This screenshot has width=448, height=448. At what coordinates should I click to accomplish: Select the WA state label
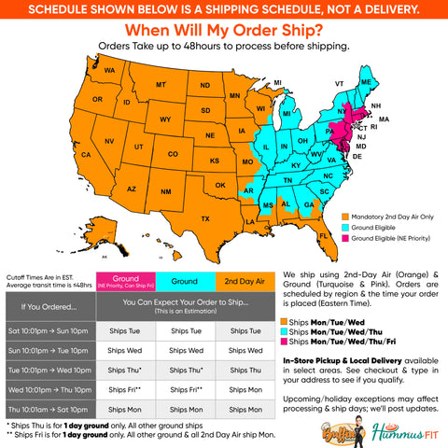[x=110, y=71]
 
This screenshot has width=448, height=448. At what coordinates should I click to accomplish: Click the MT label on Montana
[x=161, y=84]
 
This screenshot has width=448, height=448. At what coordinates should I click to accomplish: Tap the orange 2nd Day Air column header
[x=241, y=280]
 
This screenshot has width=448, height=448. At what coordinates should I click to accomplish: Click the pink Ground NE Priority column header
[x=126, y=280]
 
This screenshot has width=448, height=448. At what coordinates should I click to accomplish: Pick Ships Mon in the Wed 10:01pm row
[x=241, y=388]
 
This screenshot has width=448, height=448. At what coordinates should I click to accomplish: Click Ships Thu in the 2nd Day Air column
[x=241, y=370]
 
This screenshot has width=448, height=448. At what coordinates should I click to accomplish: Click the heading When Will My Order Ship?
[x=224, y=31]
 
